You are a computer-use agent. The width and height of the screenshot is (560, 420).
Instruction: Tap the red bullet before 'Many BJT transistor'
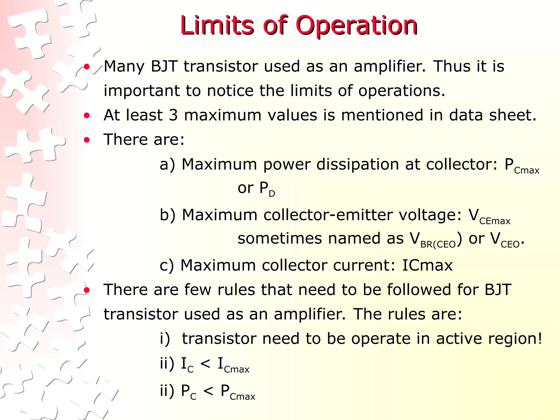coord(87,66)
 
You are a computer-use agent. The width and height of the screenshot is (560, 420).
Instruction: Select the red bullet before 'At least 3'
coord(87,115)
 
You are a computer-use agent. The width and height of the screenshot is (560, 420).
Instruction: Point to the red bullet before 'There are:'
coord(87,140)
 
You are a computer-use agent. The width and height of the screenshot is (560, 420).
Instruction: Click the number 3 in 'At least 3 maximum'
coord(173,115)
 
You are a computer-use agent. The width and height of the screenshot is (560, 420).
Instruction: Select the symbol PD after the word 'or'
coord(267,189)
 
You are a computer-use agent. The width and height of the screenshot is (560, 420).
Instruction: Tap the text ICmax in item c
coord(427,265)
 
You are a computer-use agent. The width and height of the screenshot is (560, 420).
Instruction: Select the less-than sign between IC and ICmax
coord(205,364)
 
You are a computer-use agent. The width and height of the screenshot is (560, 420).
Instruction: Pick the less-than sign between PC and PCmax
coord(208,391)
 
